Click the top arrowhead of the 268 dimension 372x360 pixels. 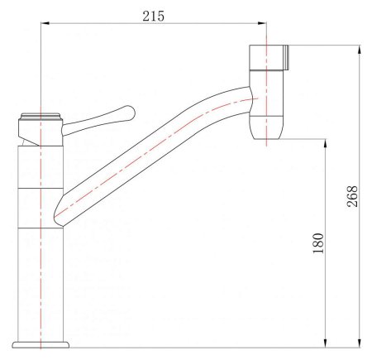pyautogui.click(x=359, y=50)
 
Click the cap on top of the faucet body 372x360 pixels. pyautogui.click(x=40, y=118)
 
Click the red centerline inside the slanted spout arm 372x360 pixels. pyautogui.click(x=149, y=156)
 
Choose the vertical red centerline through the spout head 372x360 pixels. pyautogui.click(x=266, y=91)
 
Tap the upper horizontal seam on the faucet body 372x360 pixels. pyautogui.click(x=40, y=188)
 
